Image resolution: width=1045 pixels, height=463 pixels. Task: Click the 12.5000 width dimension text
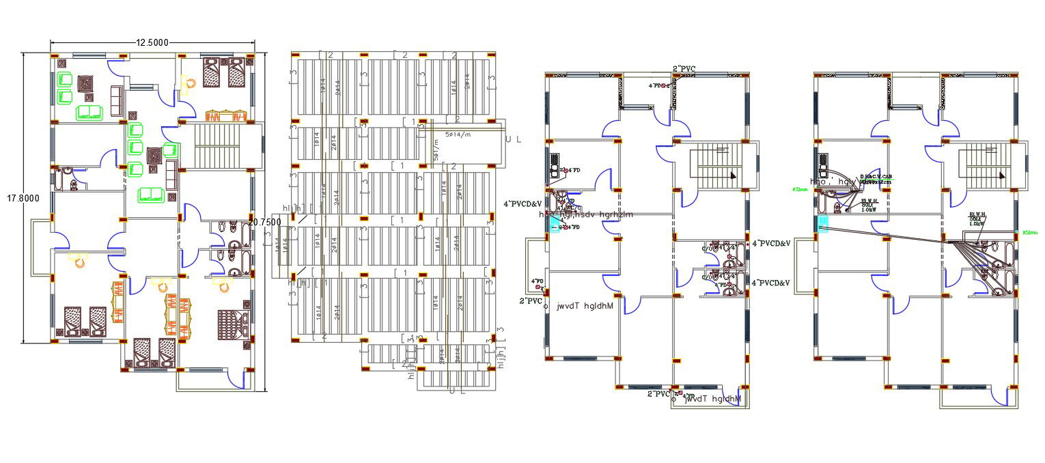pos(152,42)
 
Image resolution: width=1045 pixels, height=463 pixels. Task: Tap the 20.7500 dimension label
pos(264,222)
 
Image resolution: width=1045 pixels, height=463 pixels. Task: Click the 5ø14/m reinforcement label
pos(460,135)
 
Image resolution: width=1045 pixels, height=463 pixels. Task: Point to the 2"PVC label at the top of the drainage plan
pos(684,68)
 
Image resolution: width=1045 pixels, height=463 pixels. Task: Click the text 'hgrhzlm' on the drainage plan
pos(616,214)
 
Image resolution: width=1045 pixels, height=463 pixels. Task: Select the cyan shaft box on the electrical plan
pos(822,224)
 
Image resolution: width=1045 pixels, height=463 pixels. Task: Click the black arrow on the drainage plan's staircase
pos(732,176)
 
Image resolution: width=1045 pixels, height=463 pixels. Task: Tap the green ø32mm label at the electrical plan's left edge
pos(800,189)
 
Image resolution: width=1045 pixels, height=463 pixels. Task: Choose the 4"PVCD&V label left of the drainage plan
pos(523,204)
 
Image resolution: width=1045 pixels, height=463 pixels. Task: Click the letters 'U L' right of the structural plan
pos(514,139)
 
